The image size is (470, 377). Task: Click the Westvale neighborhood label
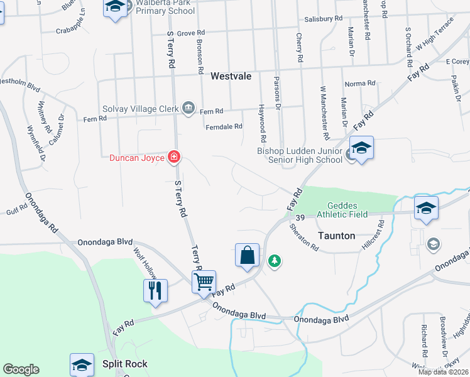point(231,76)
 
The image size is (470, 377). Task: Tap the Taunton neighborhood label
point(337,236)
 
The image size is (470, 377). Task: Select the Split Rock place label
point(125,364)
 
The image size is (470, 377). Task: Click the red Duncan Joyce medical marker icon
point(174,157)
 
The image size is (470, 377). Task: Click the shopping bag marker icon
point(248,255)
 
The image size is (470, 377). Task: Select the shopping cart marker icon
point(204,281)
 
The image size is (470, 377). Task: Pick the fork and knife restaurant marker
point(155,290)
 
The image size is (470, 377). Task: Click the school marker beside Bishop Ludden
point(361,149)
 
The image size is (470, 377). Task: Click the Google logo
point(21,369)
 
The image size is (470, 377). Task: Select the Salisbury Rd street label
point(323,19)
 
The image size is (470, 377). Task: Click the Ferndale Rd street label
point(224,126)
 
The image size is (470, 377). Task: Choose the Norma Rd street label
point(359,83)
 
